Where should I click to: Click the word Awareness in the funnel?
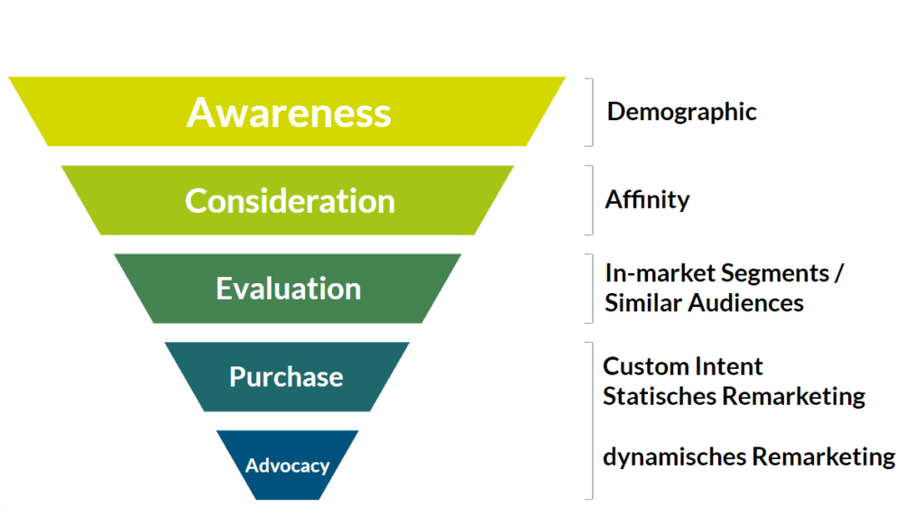click(289, 113)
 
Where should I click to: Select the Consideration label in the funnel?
click(290, 200)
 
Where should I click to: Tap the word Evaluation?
click(288, 289)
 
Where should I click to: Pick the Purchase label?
click(286, 376)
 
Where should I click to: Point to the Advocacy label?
click(287, 465)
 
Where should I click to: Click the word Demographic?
click(681, 112)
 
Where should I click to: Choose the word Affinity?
click(647, 199)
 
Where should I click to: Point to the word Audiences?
click(745, 302)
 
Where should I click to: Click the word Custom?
click(641, 366)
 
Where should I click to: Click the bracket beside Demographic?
click(591, 112)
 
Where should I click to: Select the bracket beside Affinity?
click(591, 199)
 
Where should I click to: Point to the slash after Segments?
click(839, 272)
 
